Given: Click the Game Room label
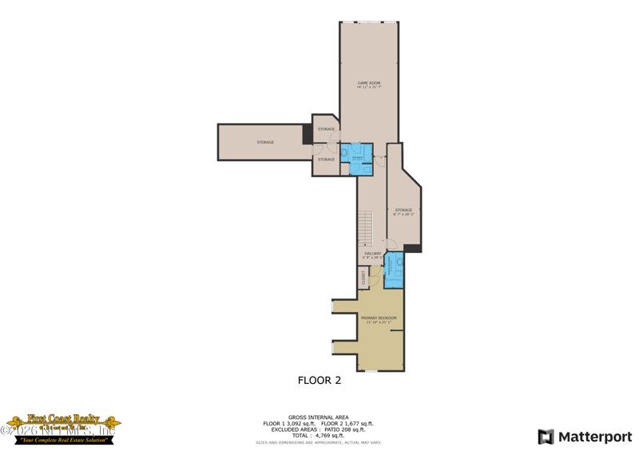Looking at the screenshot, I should [x=368, y=83].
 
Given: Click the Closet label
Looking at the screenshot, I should [x=363, y=277].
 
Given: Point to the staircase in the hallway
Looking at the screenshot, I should [x=367, y=227].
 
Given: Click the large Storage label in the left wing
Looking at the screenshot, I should [x=265, y=142].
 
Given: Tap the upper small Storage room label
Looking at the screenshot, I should [x=326, y=129].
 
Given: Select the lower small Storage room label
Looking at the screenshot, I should [x=326, y=159].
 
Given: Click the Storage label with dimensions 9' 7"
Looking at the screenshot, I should [x=403, y=212].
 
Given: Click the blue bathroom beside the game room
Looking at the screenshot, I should [x=357, y=158].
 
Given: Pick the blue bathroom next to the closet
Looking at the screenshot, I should [x=394, y=271].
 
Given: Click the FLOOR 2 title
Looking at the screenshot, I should [x=319, y=381].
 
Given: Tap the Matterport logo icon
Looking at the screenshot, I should [x=546, y=437].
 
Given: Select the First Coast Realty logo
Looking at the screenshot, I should [x=62, y=429].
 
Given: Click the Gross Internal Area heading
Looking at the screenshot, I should [x=319, y=417].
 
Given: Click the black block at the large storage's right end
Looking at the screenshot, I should [x=308, y=134].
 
